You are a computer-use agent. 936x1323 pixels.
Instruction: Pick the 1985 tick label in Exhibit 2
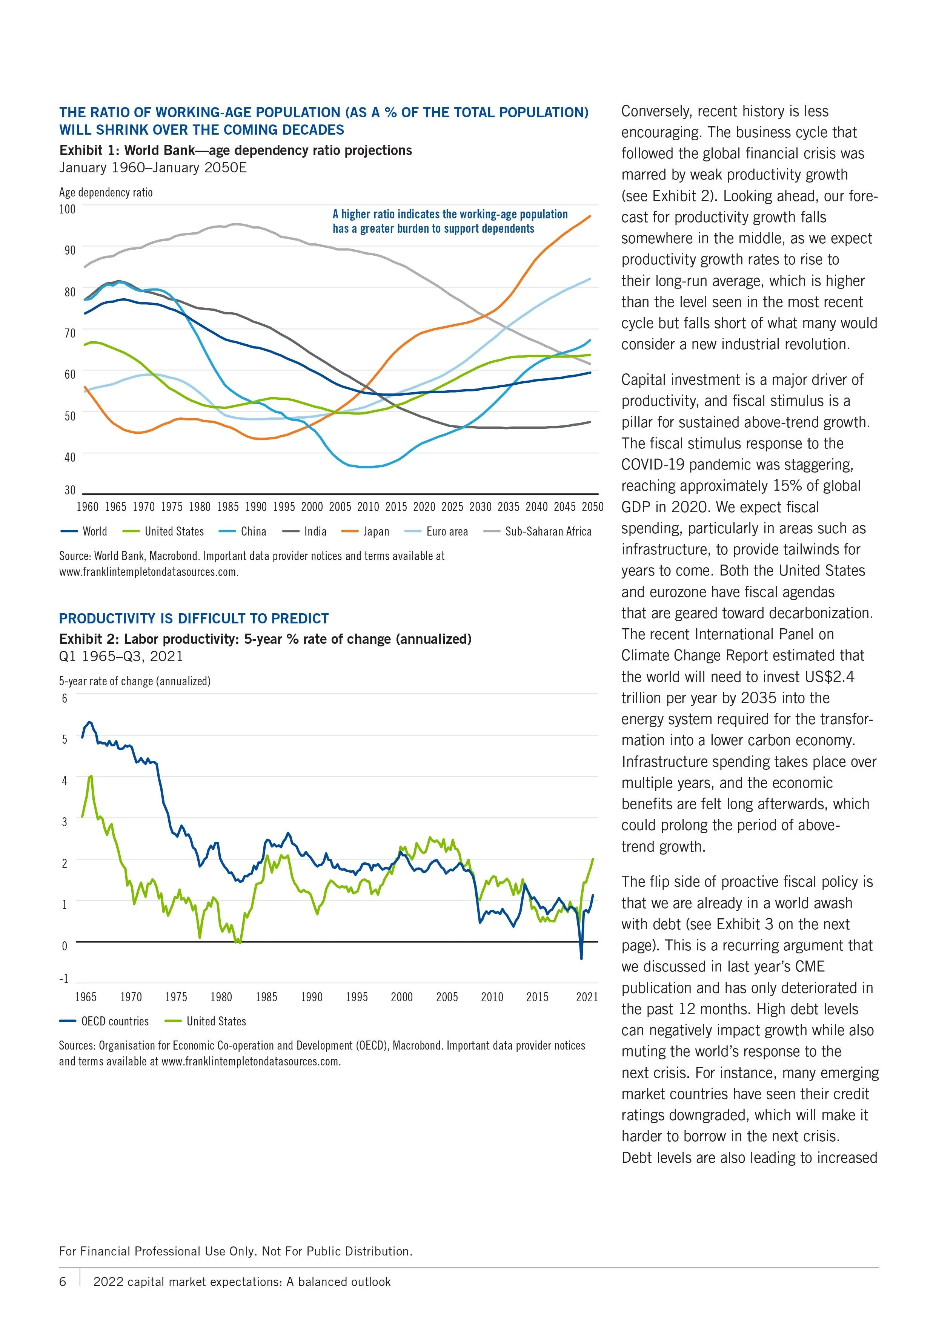pyautogui.click(x=266, y=996)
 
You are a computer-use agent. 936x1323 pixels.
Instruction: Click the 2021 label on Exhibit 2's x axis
pyautogui.click(x=587, y=996)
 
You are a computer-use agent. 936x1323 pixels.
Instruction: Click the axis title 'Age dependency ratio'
pyautogui.click(x=106, y=192)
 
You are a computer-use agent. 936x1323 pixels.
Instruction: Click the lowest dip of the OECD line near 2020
pyautogui.click(x=581, y=958)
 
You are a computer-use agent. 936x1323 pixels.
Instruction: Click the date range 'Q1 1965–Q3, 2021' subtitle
pyautogui.click(x=121, y=656)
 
